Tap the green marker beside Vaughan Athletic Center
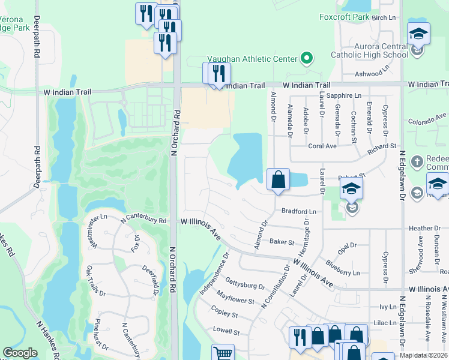tap(307, 59)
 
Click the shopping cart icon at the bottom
tap(223, 353)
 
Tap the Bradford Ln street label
tap(298, 211)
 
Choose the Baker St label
tap(282, 242)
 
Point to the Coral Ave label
tap(322, 146)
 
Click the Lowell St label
tap(226, 331)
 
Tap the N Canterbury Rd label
tap(143, 220)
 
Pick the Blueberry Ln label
tap(343, 268)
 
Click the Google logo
tap(20, 353)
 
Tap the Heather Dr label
tap(424, 228)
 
